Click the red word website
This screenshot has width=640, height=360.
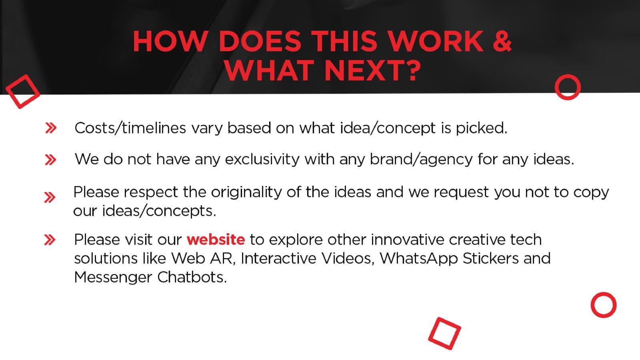coord(216,240)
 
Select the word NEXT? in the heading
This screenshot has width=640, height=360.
coord(372,70)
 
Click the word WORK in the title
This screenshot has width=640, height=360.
coord(436,41)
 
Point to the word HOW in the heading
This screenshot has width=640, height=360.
coord(170,41)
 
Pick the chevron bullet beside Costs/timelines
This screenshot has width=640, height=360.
coord(51,128)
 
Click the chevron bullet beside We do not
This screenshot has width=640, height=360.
coord(50,160)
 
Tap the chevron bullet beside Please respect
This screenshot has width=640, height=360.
coord(50,198)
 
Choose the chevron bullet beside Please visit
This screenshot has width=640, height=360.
coord(50,240)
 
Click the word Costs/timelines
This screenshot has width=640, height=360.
coord(130,128)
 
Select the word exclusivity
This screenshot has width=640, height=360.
coord(262,159)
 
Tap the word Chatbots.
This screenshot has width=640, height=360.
coord(192,277)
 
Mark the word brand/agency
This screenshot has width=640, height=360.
coord(421,160)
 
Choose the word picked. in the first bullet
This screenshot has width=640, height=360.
coord(482,128)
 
